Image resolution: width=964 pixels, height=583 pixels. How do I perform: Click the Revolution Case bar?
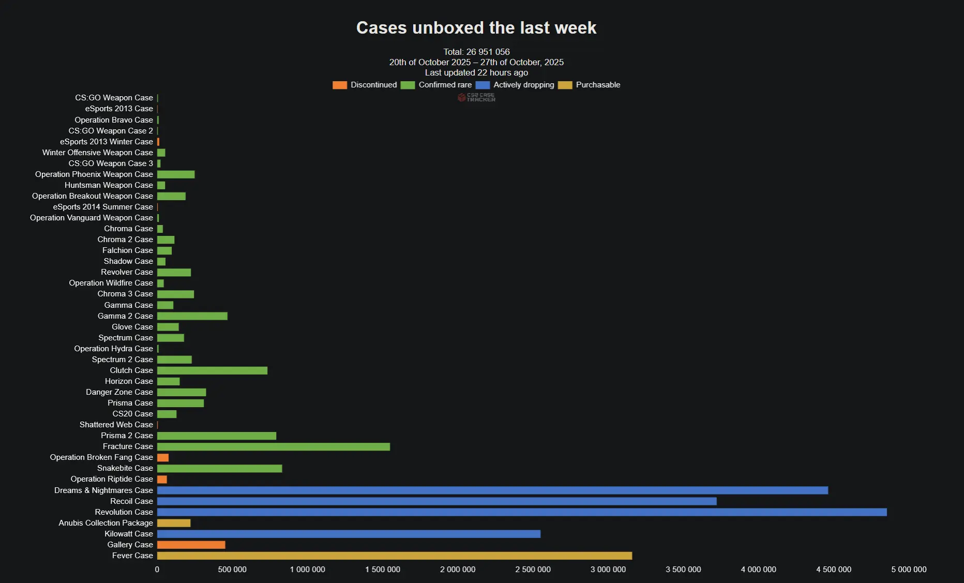click(x=521, y=512)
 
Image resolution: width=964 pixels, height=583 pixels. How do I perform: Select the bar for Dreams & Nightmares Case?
click(x=492, y=490)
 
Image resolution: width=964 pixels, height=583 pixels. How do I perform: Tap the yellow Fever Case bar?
click(x=394, y=556)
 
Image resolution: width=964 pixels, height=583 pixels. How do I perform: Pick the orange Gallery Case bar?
click(x=191, y=545)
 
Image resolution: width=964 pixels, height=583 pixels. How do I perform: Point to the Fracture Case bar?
click(x=273, y=446)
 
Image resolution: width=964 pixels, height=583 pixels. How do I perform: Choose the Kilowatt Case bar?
click(x=349, y=534)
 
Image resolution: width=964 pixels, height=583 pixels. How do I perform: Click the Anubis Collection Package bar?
click(x=174, y=523)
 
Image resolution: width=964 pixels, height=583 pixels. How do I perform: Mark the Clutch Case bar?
click(x=212, y=370)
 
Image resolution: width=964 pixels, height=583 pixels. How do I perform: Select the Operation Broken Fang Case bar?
click(x=163, y=457)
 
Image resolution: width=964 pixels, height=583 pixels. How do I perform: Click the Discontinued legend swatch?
click(x=340, y=85)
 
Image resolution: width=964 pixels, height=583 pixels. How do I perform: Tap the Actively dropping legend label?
click(x=523, y=85)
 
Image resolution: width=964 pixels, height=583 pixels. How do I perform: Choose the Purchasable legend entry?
click(x=598, y=85)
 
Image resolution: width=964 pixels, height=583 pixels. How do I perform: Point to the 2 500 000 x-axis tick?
click(x=533, y=570)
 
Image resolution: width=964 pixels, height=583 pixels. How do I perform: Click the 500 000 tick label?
click(x=232, y=570)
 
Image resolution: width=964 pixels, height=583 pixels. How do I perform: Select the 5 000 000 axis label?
click(x=909, y=570)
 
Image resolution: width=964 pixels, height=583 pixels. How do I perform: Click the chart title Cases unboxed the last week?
click(x=476, y=28)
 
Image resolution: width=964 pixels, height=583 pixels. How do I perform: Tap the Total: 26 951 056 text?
click(x=476, y=52)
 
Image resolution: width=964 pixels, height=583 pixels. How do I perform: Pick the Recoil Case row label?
click(x=131, y=501)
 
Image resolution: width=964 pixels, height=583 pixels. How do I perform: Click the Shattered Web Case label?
click(x=116, y=425)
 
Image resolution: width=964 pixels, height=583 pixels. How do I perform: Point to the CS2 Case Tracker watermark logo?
click(x=476, y=97)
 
